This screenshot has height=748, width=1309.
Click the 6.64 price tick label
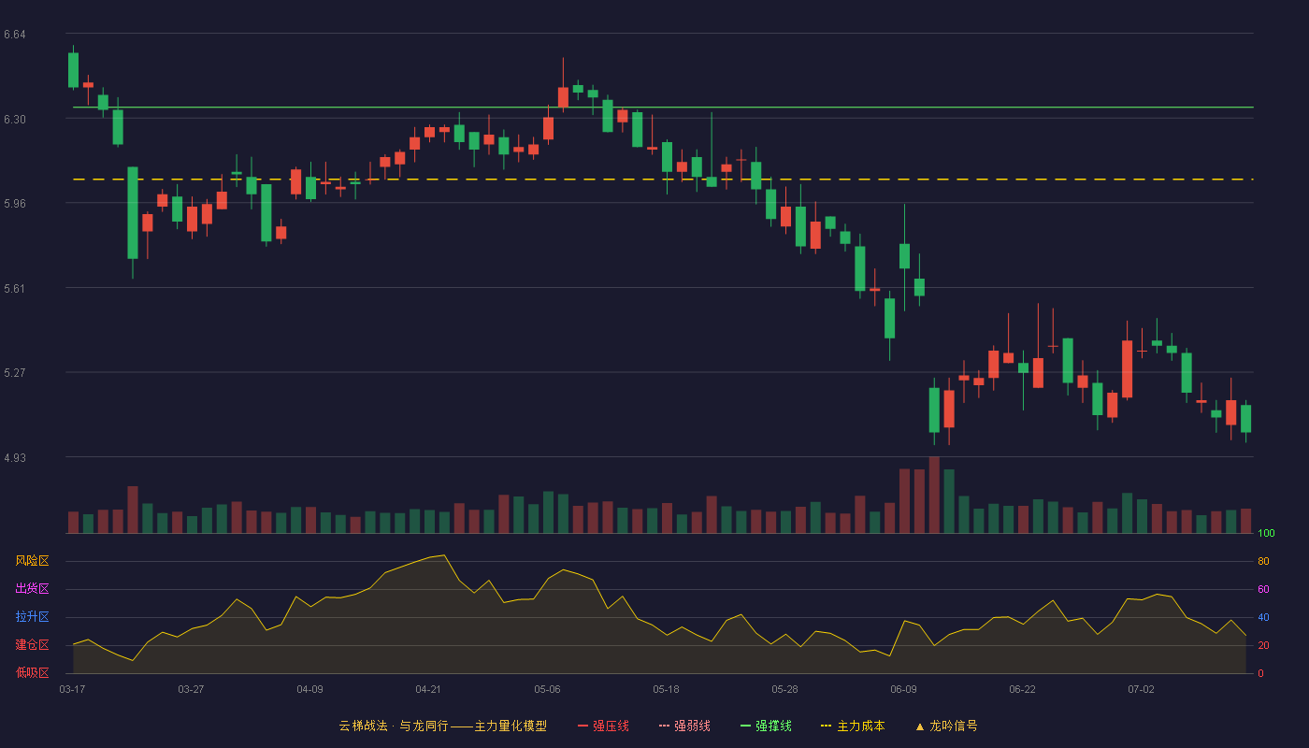tap(15, 35)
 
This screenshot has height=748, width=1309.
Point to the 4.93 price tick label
tap(15, 457)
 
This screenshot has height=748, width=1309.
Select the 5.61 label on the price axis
tap(15, 289)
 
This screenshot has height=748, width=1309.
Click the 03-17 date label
tap(73, 690)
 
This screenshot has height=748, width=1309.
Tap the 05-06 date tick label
tap(547, 690)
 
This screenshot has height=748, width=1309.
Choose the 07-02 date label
tap(1141, 690)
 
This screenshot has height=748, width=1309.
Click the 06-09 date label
tap(903, 690)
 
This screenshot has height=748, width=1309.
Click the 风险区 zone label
tap(32, 561)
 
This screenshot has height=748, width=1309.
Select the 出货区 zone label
tap(32, 588)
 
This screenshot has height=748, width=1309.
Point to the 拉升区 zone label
tap(32, 616)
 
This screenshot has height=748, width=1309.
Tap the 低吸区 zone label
tap(32, 672)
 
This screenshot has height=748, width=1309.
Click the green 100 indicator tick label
tap(1266, 533)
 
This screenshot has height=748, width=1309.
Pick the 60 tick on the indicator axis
tap(1263, 589)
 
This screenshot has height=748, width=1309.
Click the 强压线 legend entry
tap(603, 726)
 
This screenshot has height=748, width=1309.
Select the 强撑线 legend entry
tap(766, 726)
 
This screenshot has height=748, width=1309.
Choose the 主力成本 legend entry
tap(853, 726)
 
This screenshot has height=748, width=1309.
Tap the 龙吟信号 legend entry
tap(946, 726)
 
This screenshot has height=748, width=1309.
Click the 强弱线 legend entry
tap(684, 726)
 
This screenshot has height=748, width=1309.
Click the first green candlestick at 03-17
tap(73, 70)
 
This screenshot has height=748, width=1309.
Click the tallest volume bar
tap(934, 495)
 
